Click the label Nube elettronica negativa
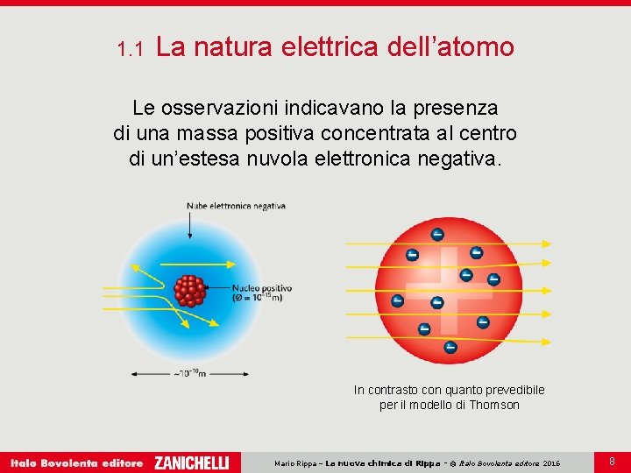click(236, 206)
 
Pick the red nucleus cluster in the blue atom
click(189, 290)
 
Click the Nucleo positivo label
click(261, 287)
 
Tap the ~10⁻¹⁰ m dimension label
click(189, 373)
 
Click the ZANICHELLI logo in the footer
click(191, 462)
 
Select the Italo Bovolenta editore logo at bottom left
click(76, 462)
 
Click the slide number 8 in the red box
click(612, 460)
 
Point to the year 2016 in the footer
click(551, 462)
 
